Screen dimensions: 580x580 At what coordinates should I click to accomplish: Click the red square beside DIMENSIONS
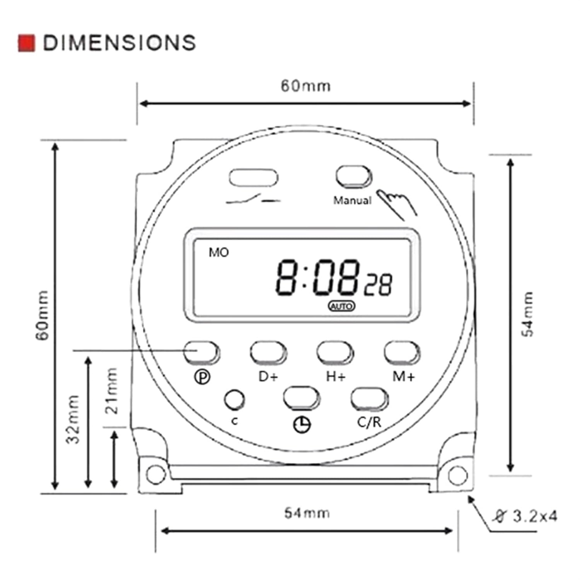click(26, 43)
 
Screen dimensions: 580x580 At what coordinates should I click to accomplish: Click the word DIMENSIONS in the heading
click(119, 43)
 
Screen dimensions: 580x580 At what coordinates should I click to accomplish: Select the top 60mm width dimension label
click(305, 86)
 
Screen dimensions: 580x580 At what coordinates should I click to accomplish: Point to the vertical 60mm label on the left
click(43, 316)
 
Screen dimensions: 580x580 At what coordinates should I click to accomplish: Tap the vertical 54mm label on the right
click(527, 314)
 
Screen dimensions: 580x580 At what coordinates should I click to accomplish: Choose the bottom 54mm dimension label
click(307, 513)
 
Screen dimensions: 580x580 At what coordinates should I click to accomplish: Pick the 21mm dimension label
click(111, 391)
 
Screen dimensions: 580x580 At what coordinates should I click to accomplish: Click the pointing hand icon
click(397, 203)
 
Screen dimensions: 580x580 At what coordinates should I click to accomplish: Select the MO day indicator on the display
click(219, 252)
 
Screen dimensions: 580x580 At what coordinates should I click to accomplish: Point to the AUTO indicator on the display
click(341, 306)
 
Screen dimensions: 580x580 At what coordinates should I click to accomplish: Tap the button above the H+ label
click(335, 352)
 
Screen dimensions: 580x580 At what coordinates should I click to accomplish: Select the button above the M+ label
click(402, 352)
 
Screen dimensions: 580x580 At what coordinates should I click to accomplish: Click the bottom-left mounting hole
click(156, 474)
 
